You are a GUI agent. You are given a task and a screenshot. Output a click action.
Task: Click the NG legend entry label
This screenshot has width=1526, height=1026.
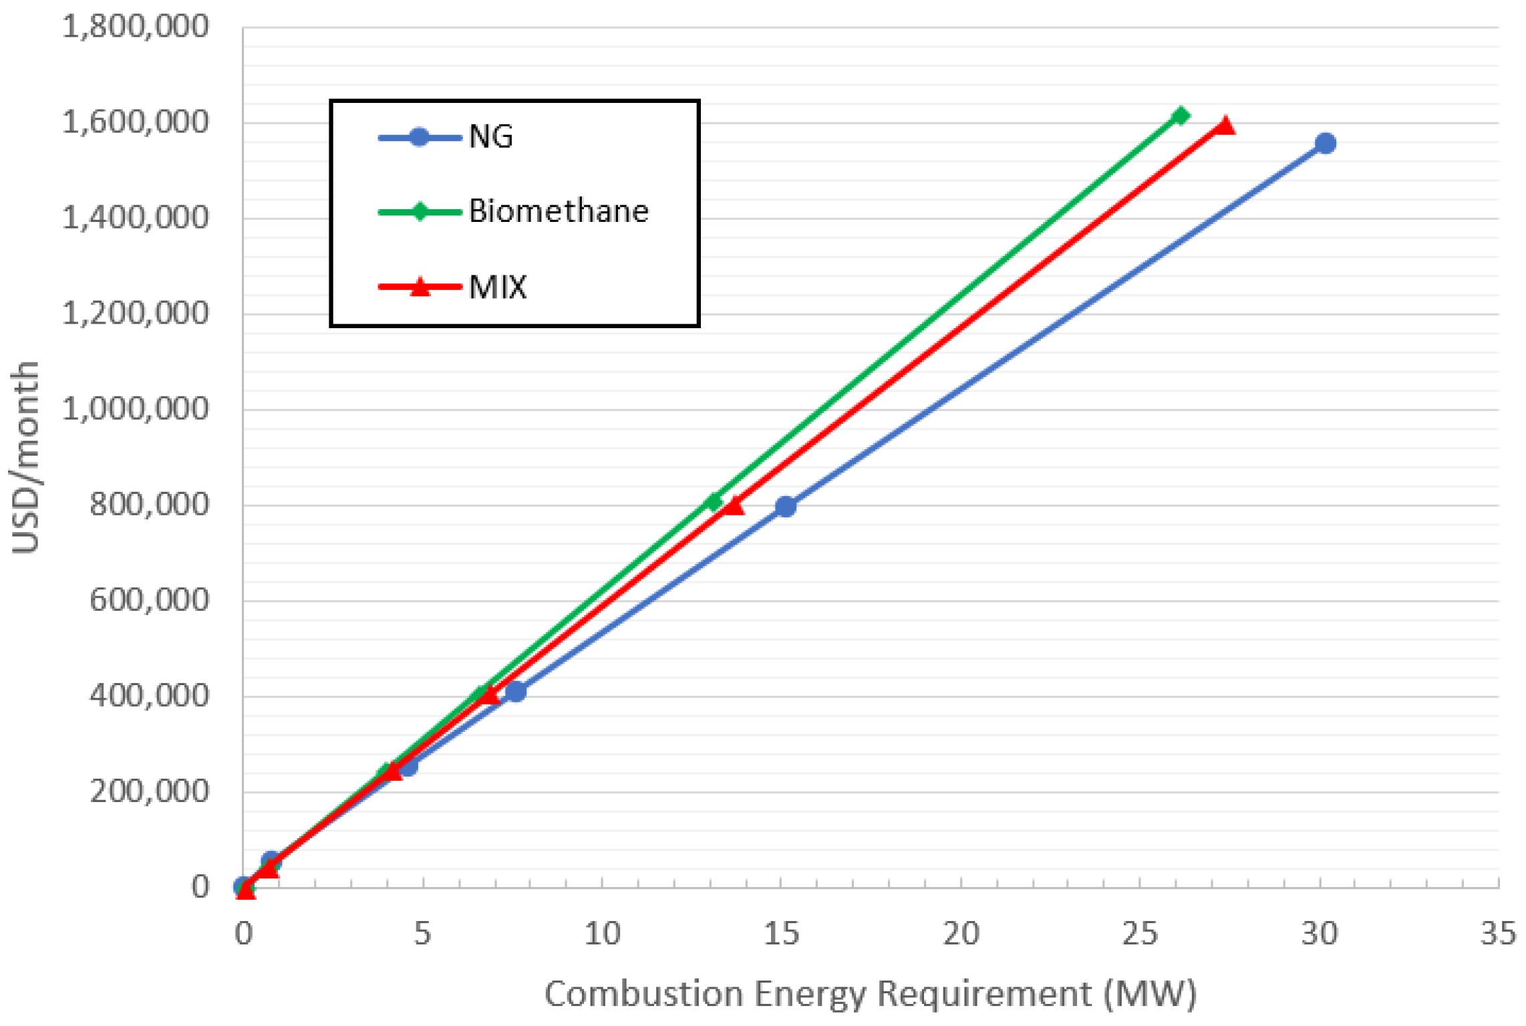tap(491, 137)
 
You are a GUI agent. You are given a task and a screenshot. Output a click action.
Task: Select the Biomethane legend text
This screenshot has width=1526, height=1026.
tap(559, 211)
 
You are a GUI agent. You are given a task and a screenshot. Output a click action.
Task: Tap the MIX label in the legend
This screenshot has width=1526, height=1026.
tap(498, 287)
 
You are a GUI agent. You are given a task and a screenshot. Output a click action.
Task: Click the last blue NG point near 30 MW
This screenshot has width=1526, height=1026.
tap(1325, 143)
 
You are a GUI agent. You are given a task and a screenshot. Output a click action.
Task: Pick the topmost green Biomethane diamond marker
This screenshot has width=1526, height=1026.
tap(1181, 116)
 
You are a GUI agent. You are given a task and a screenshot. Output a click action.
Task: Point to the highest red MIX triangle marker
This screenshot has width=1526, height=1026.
tap(1225, 126)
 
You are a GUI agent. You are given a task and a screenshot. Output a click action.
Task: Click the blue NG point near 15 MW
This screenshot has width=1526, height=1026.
tap(786, 507)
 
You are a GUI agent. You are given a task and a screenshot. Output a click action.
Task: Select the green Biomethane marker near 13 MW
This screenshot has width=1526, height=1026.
tap(714, 501)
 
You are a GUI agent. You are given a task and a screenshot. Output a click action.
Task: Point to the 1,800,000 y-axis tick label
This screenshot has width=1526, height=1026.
tap(136, 27)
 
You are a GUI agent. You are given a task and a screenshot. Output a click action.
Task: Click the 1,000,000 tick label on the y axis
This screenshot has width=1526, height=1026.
tap(136, 408)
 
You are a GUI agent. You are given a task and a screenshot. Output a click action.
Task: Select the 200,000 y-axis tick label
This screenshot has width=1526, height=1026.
tap(149, 791)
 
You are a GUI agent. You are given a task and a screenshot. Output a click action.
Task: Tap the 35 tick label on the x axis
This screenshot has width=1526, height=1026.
tap(1497, 934)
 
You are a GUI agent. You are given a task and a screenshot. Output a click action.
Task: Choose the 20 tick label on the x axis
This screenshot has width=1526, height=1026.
tap(961, 934)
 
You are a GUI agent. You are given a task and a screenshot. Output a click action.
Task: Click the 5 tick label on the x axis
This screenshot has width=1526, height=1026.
tap(422, 934)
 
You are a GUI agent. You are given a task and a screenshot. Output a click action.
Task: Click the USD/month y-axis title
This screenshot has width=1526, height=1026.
tap(25, 458)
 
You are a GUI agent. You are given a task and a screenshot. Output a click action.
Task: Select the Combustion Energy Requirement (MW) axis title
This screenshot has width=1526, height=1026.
tap(870, 994)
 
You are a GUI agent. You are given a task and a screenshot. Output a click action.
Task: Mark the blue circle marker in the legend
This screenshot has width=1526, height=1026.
tap(419, 138)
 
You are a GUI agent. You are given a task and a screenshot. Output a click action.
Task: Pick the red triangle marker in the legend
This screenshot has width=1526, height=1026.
tap(420, 287)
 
